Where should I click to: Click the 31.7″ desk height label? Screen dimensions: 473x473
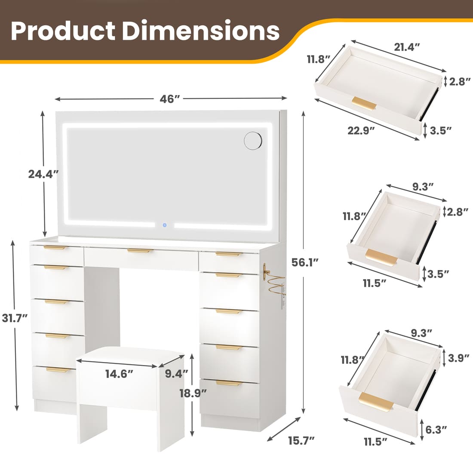15,318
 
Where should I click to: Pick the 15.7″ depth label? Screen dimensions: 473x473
301,440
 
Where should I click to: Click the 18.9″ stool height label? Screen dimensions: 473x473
193,392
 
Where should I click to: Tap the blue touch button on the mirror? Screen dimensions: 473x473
164,224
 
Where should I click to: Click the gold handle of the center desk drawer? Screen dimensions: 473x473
140,251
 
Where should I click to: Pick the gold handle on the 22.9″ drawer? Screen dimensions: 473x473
364,103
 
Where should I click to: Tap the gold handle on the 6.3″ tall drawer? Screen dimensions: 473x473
376,403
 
